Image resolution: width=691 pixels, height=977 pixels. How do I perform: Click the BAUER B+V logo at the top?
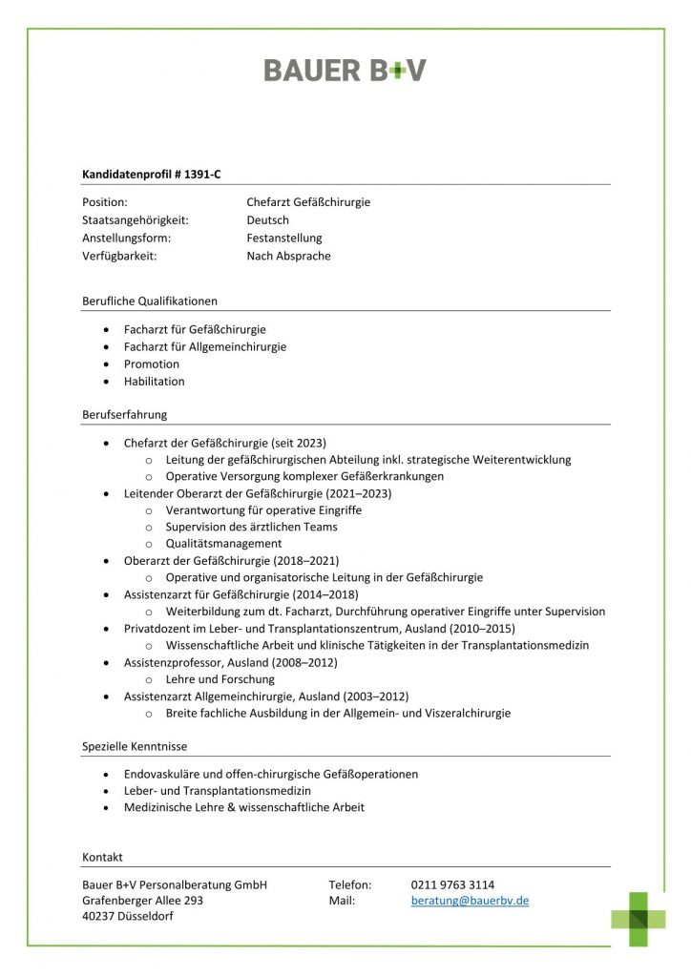pyautogui.click(x=345, y=70)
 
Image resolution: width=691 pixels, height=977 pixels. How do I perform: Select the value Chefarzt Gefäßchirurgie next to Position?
pyautogui.click(x=308, y=202)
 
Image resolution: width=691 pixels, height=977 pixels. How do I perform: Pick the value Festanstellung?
pyautogui.click(x=284, y=239)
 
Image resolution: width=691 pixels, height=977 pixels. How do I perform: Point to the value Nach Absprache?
pyautogui.click(x=288, y=256)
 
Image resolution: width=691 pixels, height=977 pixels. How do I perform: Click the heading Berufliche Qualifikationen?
pyautogui.click(x=150, y=301)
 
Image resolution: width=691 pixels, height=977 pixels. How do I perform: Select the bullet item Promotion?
pyautogui.click(x=152, y=364)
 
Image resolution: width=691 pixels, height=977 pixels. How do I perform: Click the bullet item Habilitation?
pyautogui.click(x=155, y=382)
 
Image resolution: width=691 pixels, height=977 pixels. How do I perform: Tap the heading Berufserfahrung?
pyautogui.click(x=125, y=415)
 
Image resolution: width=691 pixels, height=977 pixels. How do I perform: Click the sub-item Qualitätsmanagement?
pyautogui.click(x=223, y=544)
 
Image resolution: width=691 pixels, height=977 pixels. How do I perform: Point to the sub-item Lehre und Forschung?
pyautogui.click(x=220, y=679)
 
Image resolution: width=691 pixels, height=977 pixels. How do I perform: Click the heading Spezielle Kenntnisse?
pyautogui.click(x=135, y=746)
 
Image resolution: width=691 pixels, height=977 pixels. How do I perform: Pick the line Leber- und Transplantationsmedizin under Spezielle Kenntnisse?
pyautogui.click(x=218, y=791)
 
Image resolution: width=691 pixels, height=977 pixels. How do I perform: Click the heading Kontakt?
pyautogui.click(x=102, y=857)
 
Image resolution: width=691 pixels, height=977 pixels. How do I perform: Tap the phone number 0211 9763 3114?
pyautogui.click(x=452, y=884)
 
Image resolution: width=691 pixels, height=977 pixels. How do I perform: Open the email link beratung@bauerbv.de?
pyautogui.click(x=470, y=901)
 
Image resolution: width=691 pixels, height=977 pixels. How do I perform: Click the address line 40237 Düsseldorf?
pyautogui.click(x=128, y=917)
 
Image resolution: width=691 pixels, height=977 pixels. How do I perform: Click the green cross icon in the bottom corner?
pyautogui.click(x=639, y=918)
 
